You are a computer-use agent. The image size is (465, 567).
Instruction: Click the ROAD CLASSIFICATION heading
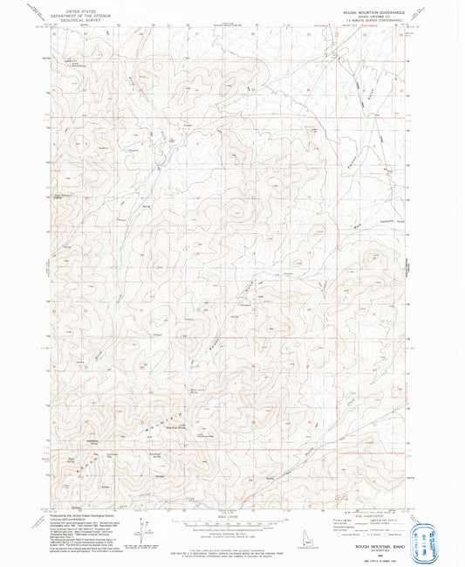point(361,513)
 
